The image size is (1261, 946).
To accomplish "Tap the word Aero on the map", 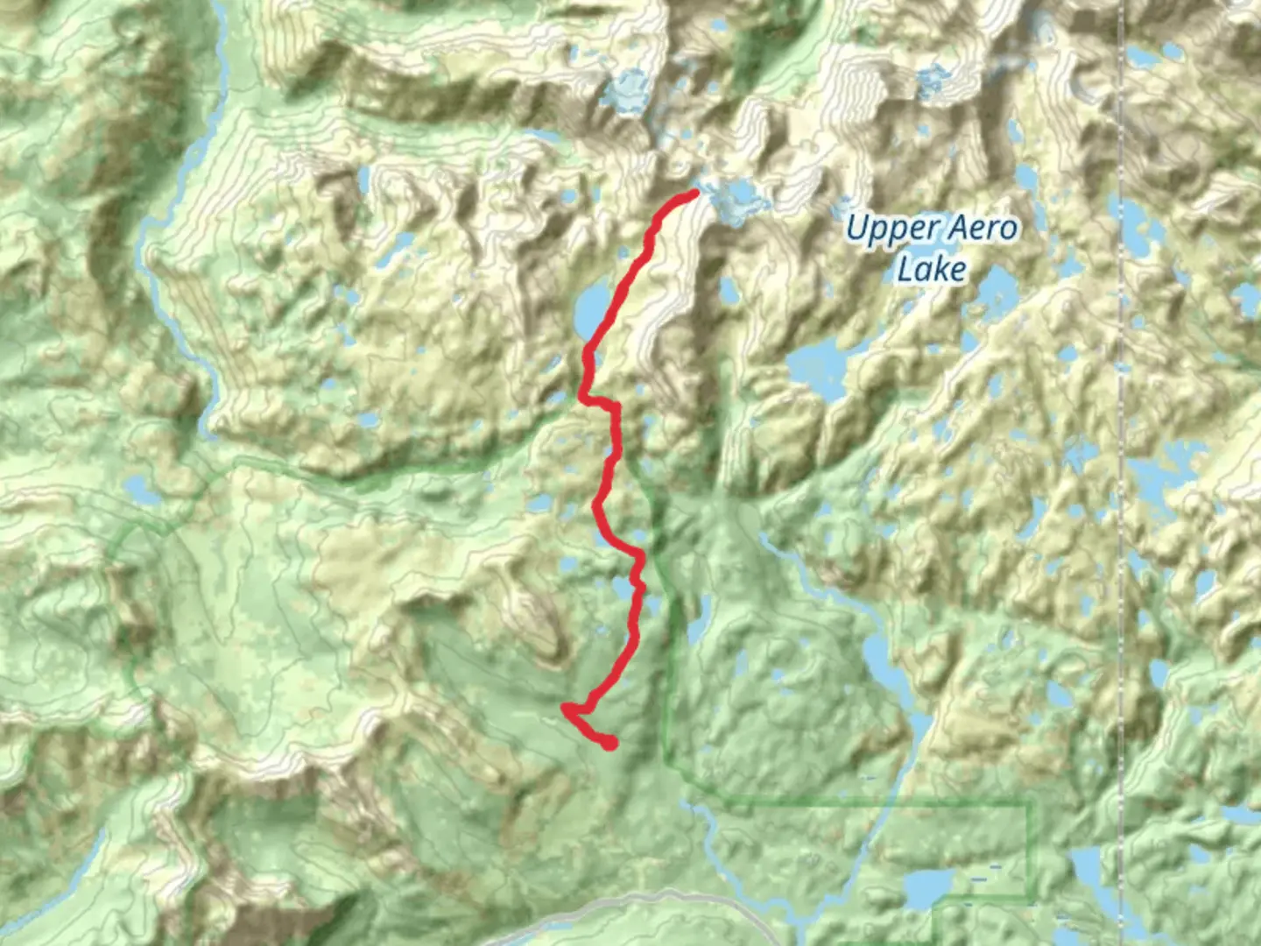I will pos(984,229).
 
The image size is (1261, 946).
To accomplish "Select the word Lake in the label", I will pos(932,269).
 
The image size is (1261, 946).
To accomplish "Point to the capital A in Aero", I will pos(961,229).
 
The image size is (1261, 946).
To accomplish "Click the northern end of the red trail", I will pos(694,193).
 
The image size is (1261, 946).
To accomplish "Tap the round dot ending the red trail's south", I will pos(610,744).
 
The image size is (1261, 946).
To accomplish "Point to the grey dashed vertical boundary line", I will pos(1123,438).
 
